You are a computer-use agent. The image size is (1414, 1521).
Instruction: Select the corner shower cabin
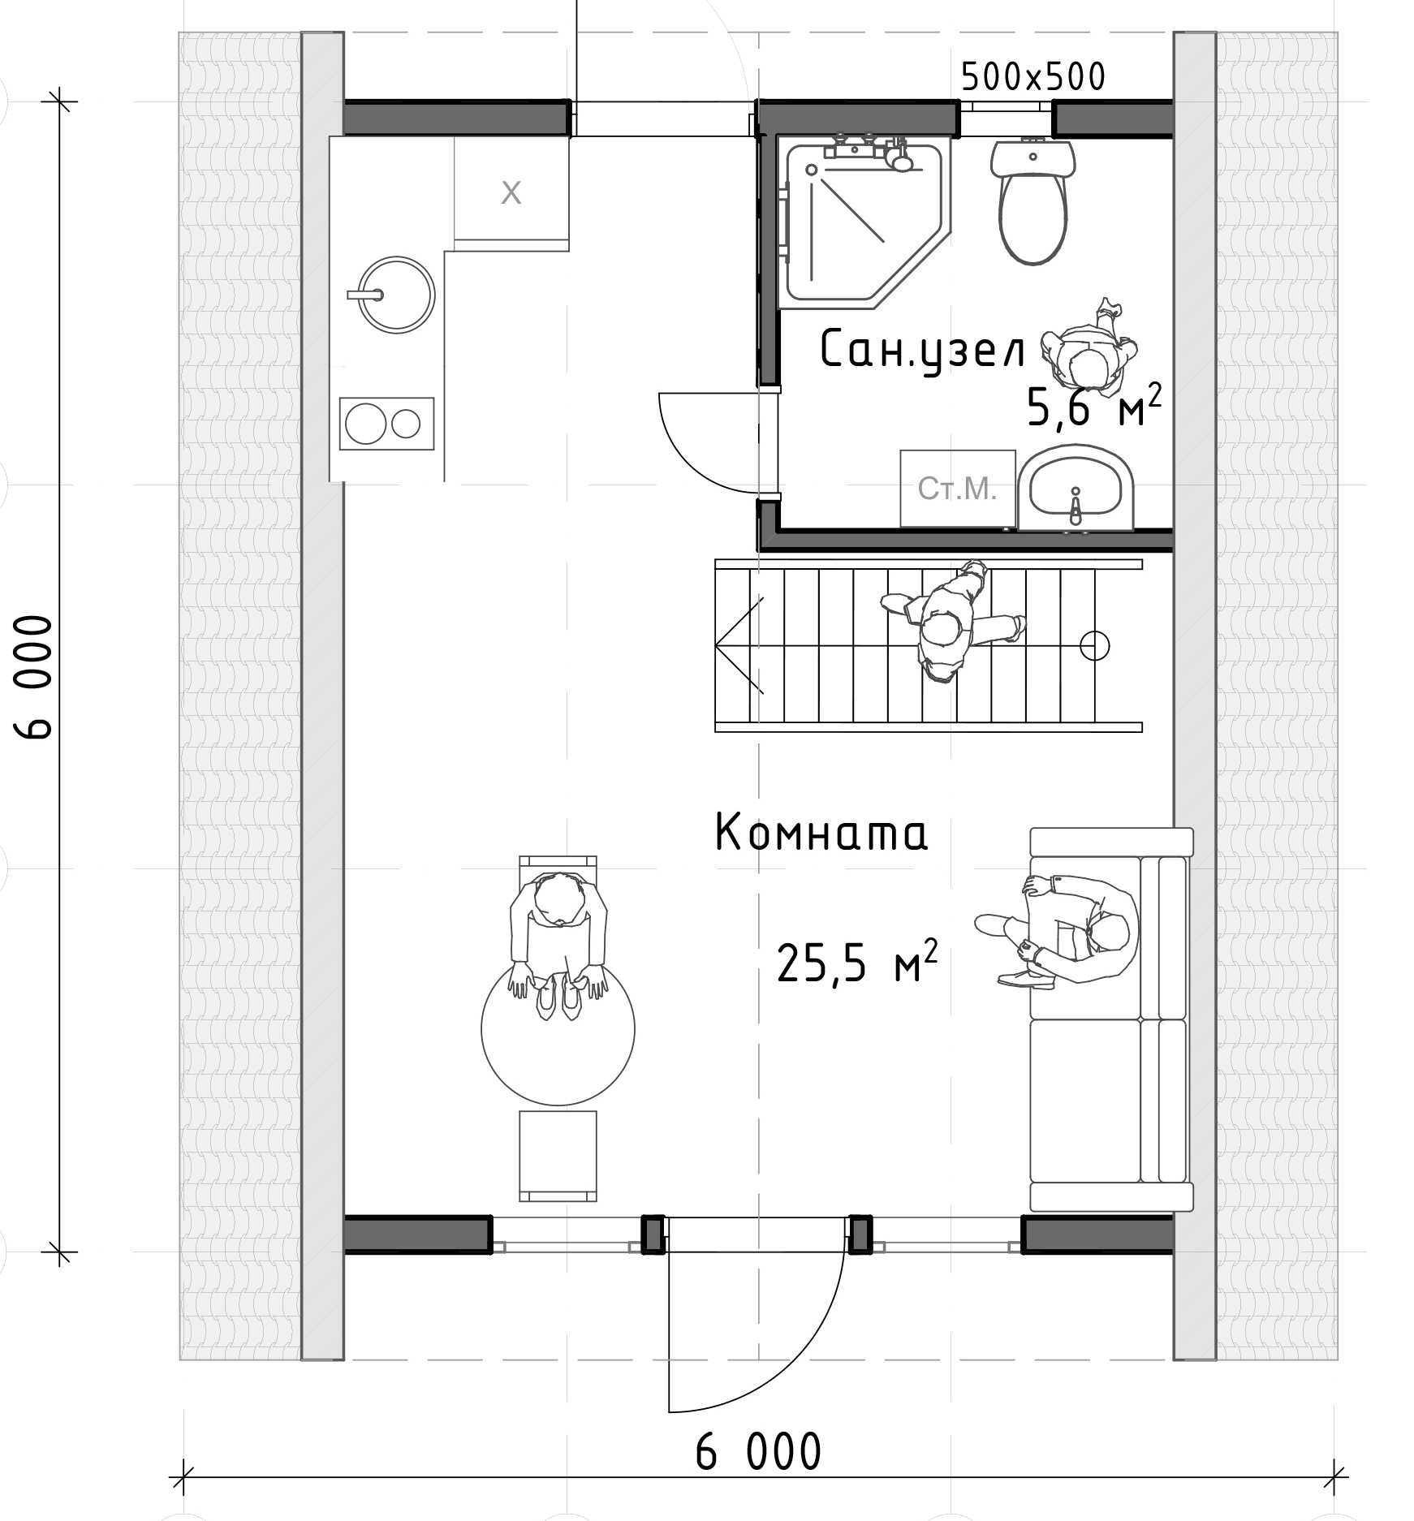[864, 222]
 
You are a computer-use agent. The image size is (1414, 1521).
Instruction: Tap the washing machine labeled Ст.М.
[958, 488]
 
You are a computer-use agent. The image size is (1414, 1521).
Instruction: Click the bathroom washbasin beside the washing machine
[1076, 489]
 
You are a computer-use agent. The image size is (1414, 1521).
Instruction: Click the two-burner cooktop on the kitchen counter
[386, 423]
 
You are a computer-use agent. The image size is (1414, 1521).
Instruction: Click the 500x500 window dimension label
[1033, 77]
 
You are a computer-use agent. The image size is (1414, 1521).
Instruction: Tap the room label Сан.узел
[923, 351]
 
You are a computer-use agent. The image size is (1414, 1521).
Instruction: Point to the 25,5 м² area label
[857, 960]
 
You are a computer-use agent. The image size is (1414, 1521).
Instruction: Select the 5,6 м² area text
[1094, 405]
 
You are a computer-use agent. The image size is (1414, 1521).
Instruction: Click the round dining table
[558, 1028]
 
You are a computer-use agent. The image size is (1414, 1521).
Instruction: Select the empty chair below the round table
[558, 1156]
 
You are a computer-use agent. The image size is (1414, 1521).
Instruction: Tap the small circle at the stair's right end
[1095, 645]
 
